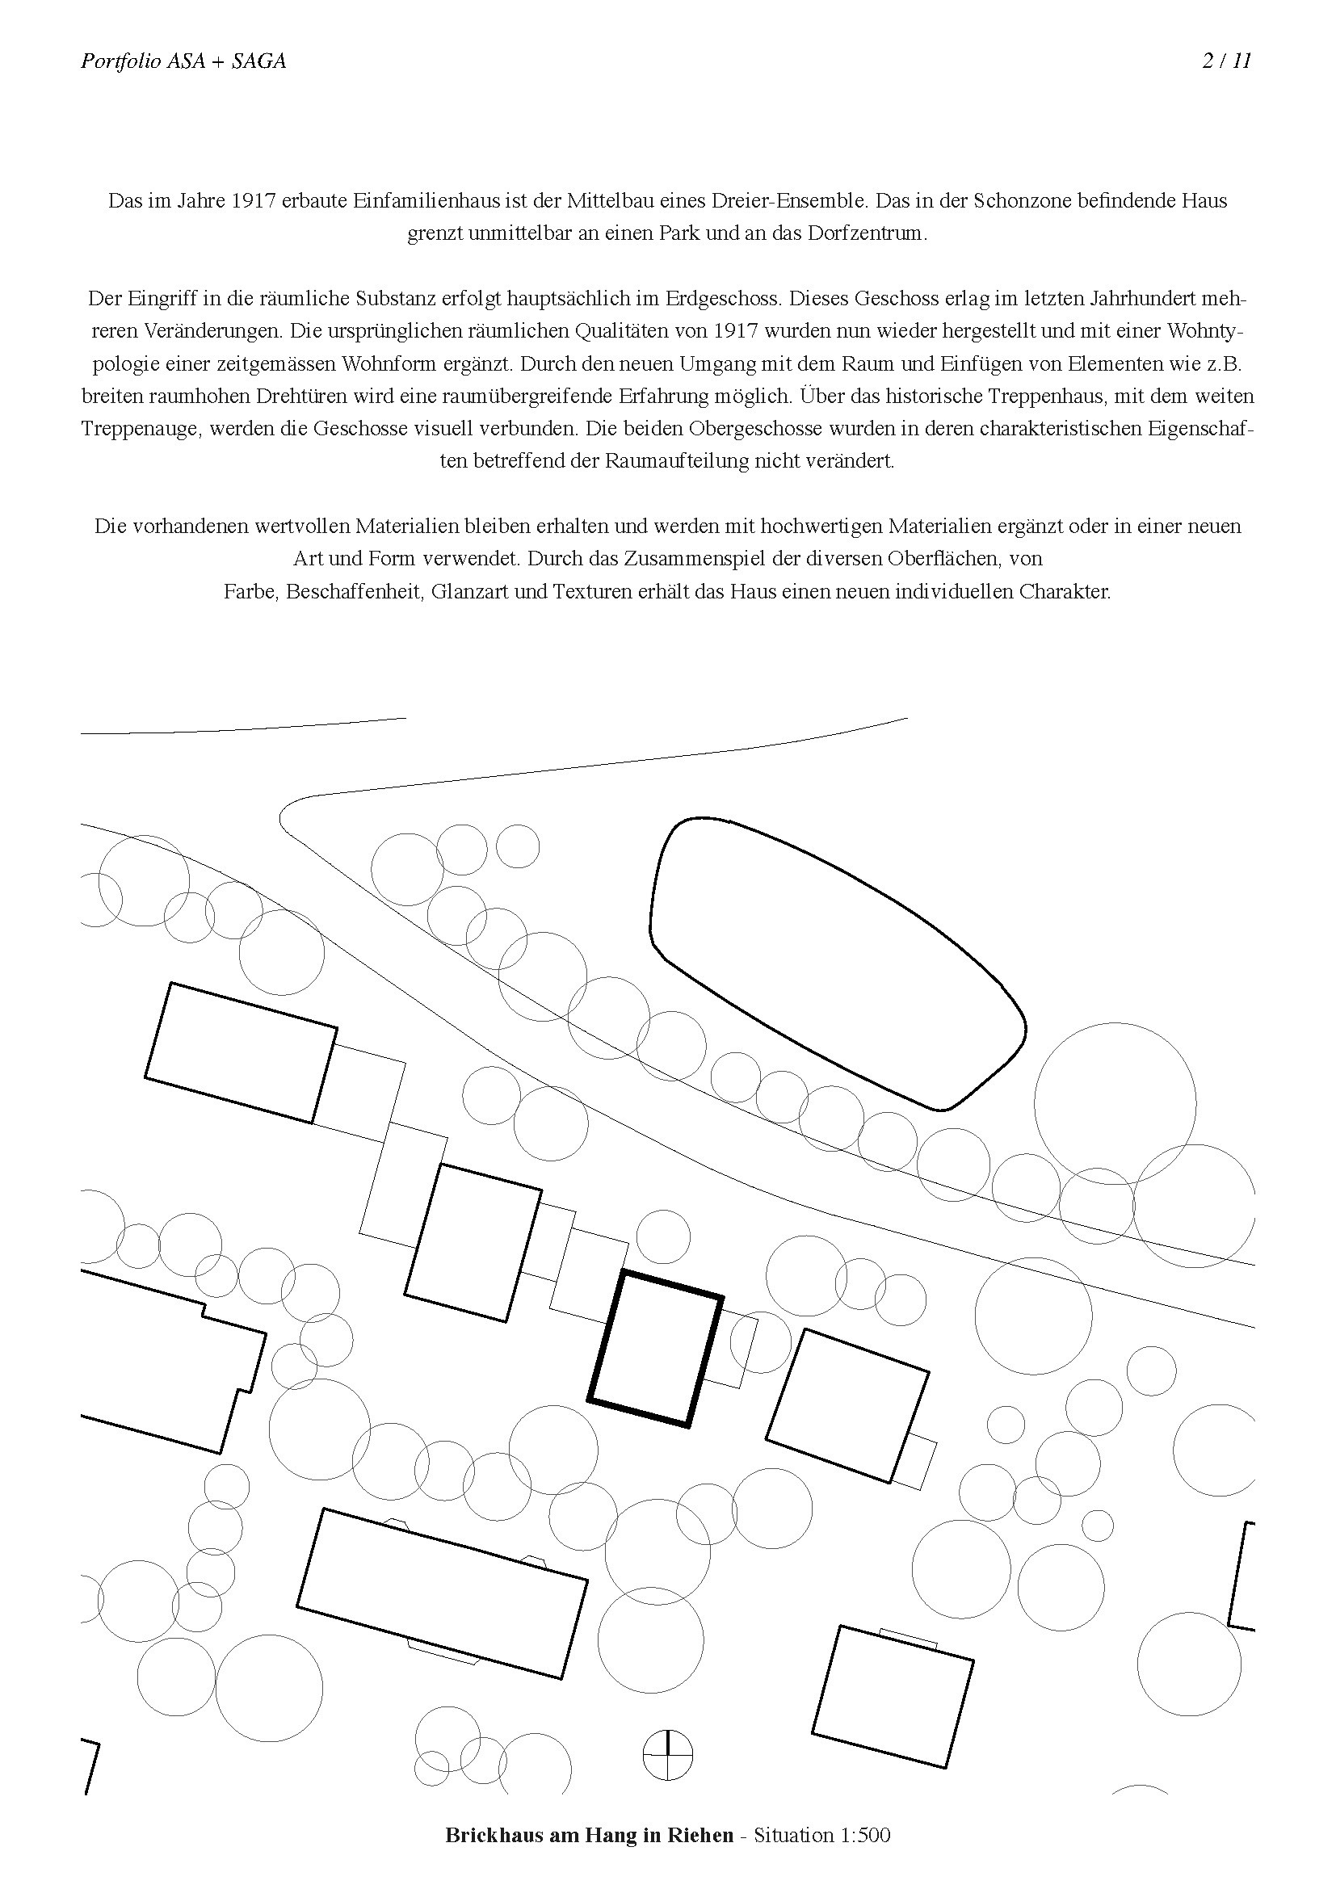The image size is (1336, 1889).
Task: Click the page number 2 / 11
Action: (x=1226, y=61)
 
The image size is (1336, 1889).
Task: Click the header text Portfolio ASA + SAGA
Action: (x=183, y=61)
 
